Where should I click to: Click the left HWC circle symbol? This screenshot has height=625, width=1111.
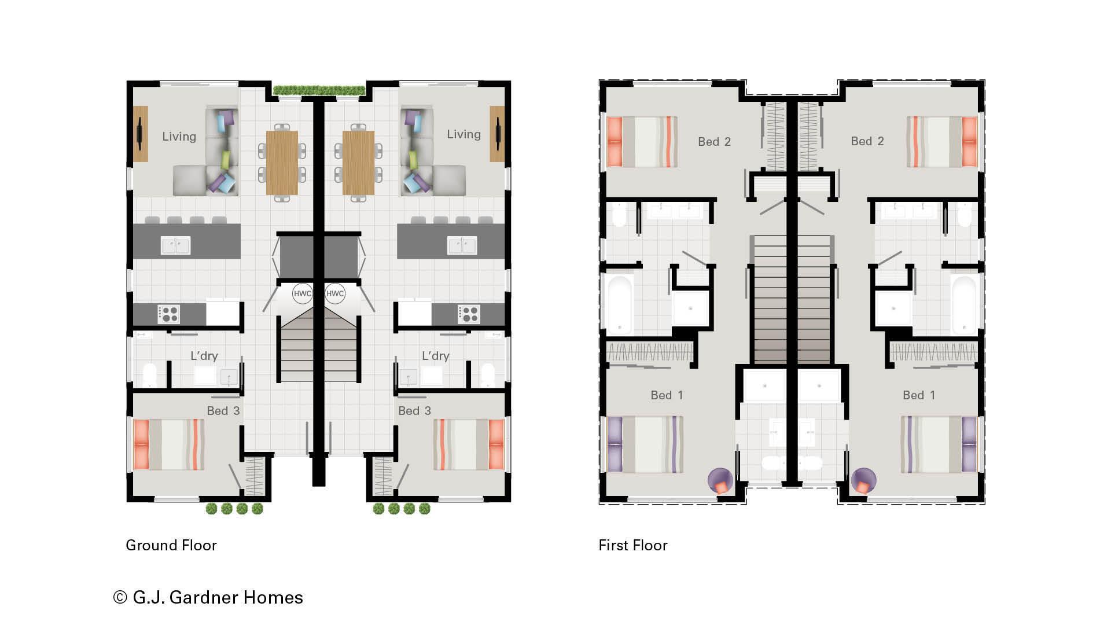(302, 293)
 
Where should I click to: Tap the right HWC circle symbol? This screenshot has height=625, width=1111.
(335, 293)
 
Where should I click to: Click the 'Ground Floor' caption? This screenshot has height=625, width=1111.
(171, 545)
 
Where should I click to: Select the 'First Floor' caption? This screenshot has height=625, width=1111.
(633, 545)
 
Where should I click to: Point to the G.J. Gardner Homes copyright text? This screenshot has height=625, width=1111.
(208, 597)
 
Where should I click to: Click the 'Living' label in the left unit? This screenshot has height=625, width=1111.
(179, 137)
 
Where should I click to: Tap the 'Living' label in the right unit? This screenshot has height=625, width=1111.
(463, 134)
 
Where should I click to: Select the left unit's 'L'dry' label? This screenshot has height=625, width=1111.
(204, 356)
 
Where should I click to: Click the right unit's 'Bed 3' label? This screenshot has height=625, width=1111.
(414, 411)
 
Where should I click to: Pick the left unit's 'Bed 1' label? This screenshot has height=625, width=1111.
(667, 395)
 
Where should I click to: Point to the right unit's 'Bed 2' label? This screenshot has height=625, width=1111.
(867, 141)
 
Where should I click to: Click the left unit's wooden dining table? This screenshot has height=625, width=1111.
(282, 163)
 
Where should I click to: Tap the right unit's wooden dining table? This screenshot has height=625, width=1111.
(358, 163)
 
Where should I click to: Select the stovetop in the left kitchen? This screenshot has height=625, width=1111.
(168, 314)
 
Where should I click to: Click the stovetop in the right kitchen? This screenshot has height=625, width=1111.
(469, 314)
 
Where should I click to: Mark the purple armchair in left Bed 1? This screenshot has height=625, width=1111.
(720, 480)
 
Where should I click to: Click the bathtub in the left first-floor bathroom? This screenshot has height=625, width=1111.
(620, 304)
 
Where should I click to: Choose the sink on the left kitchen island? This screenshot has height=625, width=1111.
(175, 245)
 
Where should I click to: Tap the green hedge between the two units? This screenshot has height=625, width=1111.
(319, 90)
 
